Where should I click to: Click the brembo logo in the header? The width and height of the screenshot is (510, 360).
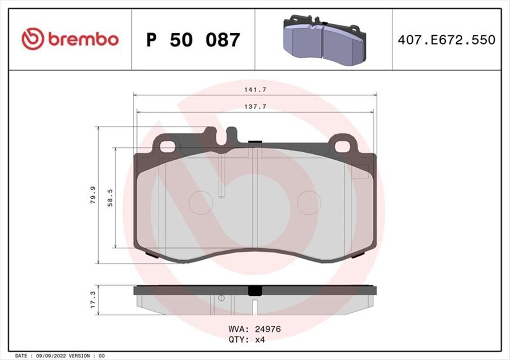click(x=70, y=39)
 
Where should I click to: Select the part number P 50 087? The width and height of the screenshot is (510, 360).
click(x=193, y=40)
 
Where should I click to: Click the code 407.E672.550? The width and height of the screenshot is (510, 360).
click(x=446, y=40)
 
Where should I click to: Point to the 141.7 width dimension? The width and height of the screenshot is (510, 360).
click(x=255, y=90)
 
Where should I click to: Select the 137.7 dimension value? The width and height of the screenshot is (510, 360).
click(x=255, y=107)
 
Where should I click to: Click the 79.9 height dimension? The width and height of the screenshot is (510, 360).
click(x=92, y=195)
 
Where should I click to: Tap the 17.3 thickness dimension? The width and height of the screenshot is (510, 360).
click(x=92, y=300)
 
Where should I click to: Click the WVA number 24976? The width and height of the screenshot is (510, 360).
click(x=267, y=329)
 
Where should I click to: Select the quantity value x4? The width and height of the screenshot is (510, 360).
click(x=260, y=339)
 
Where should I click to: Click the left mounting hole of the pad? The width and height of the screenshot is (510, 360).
click(x=167, y=146)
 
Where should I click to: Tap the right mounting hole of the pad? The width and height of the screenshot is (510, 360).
click(x=342, y=146)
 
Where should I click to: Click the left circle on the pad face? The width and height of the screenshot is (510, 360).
click(x=201, y=203)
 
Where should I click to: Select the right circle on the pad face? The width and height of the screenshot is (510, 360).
click(x=309, y=203)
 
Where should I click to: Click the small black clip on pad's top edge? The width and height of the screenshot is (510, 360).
click(x=254, y=142)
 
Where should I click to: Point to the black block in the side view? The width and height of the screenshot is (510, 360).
click(x=255, y=291)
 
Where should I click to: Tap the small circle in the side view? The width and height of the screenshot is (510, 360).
click(x=221, y=298)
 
